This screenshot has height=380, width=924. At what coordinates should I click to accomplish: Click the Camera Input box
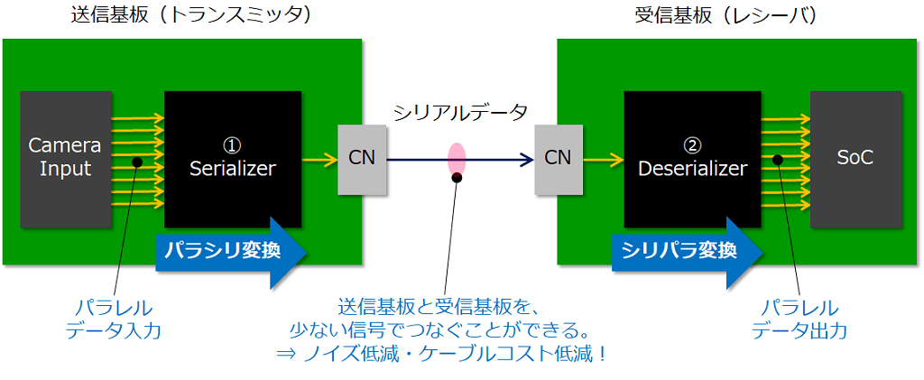[x=60, y=158]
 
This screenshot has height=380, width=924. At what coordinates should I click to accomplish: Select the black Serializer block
[x=232, y=158]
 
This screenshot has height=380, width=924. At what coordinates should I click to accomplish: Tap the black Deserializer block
[x=692, y=158]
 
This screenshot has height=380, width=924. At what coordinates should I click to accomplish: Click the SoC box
[x=855, y=158]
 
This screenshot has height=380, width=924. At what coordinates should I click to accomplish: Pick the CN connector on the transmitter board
[x=361, y=159]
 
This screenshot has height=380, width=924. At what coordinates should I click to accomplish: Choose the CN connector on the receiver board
[x=558, y=159]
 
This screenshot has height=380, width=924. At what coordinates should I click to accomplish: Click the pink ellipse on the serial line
[x=457, y=159]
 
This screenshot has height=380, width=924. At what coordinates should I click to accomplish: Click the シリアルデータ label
[x=459, y=114]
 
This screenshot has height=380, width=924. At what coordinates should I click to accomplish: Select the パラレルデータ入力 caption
[x=113, y=319]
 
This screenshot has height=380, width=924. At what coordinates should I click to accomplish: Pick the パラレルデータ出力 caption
[x=799, y=319]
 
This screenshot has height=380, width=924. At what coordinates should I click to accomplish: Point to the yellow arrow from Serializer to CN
[x=319, y=161]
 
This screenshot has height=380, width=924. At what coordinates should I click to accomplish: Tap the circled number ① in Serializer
[x=232, y=144]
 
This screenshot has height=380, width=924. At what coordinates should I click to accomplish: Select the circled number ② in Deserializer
[x=692, y=144]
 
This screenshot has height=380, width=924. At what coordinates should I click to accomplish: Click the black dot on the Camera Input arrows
[x=136, y=162]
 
